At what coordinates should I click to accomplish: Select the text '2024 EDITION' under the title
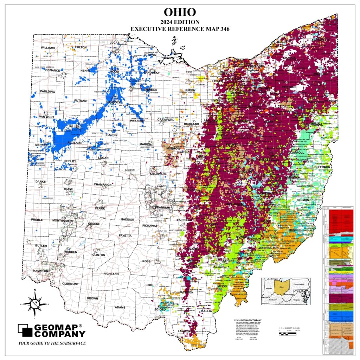[180, 22]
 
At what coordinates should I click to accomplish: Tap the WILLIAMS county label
[48, 47]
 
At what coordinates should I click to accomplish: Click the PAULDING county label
[47, 91]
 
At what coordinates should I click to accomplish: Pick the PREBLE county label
[37, 220]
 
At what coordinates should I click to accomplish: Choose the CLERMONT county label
[70, 283]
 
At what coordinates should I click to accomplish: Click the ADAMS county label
[120, 307]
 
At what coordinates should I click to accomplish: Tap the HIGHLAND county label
[111, 274]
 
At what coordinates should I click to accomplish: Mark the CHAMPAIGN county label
[102, 184]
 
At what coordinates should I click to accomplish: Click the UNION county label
[130, 170]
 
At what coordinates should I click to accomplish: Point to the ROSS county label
[146, 261]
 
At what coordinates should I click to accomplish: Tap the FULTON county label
[81, 47]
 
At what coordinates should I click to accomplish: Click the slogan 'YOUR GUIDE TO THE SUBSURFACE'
[52, 343]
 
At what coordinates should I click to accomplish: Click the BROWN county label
[92, 298]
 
